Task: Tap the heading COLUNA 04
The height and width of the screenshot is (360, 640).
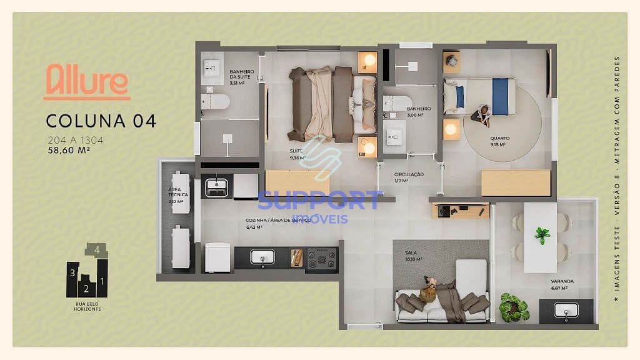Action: pyautogui.click(x=101, y=121)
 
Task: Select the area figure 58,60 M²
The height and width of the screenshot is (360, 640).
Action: pyautogui.click(x=73, y=150)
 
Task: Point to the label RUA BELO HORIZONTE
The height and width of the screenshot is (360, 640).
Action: pyautogui.click(x=87, y=307)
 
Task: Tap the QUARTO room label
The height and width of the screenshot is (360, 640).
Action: pyautogui.click(x=499, y=139)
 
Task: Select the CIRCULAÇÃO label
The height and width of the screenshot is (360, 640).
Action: pyautogui.click(x=409, y=174)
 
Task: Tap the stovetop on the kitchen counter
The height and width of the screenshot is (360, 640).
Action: pyautogui.click(x=321, y=257)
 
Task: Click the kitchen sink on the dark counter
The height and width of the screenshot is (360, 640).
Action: pyautogui.click(x=262, y=257)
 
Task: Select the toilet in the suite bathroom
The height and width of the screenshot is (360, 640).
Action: pyautogui.click(x=216, y=102)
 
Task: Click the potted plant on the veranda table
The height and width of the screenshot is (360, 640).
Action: pyautogui.click(x=542, y=235)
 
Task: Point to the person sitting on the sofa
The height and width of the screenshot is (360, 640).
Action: pyautogui.click(x=430, y=289)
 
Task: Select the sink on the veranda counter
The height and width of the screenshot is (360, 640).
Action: pyautogui.click(x=566, y=310)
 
